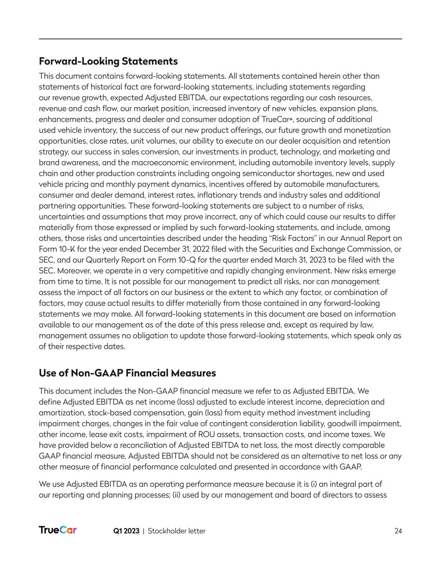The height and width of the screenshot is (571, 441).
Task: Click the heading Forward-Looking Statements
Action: tap(108, 61)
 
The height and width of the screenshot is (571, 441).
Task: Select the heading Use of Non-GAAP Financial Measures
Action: tap(127, 373)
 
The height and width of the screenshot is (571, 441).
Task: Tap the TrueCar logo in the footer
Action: tap(58, 530)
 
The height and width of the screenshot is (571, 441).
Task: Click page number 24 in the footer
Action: tap(398, 531)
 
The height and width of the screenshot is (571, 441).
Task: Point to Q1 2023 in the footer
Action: tap(126, 531)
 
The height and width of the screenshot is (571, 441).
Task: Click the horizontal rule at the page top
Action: tap(220, 39)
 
